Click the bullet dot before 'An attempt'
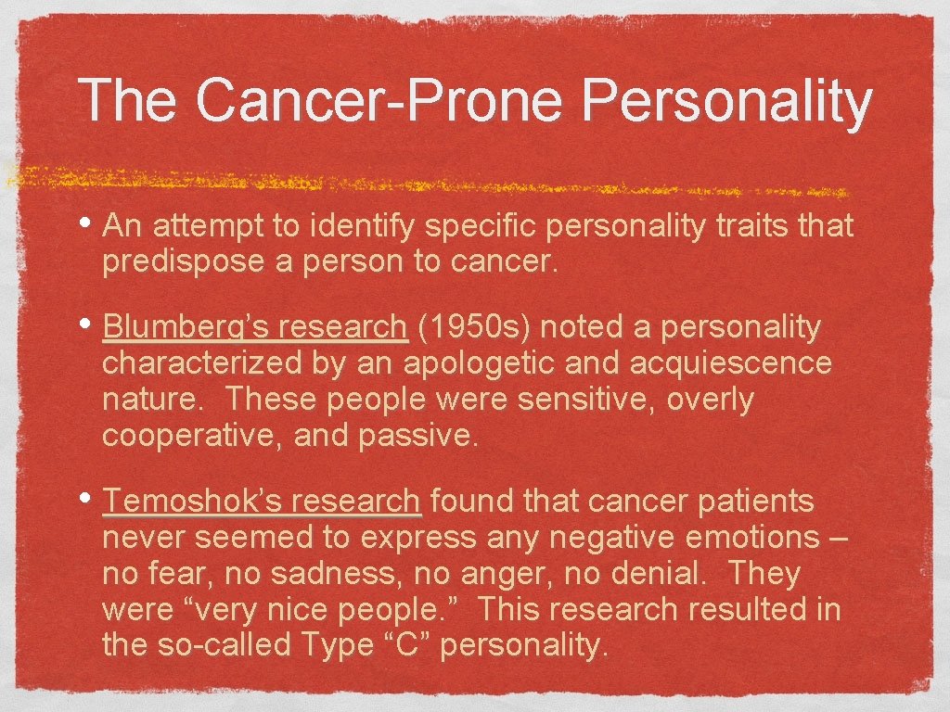(90, 223)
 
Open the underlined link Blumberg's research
(255, 327)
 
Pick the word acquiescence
(732, 362)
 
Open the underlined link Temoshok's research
(263, 502)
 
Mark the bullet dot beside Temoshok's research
(90, 501)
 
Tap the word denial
(660, 574)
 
